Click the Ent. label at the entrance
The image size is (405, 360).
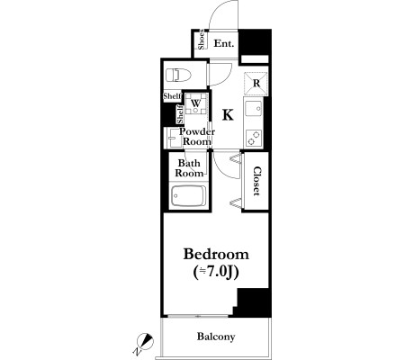224,44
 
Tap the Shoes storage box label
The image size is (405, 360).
202,40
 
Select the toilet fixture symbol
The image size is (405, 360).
178,75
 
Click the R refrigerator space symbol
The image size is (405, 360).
256,84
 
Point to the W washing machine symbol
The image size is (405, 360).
196,103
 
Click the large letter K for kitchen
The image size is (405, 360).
228,114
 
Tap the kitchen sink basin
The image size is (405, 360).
254,109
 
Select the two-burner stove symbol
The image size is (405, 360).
254,138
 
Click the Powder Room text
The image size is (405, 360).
197,137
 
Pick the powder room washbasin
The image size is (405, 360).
173,138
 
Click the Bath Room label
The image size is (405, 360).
189,168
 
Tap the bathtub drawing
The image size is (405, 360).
188,196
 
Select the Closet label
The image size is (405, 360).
256,181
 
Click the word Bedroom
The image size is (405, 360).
216,255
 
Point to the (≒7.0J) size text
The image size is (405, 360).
216,273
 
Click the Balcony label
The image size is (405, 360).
216,337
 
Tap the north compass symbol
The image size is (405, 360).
144,343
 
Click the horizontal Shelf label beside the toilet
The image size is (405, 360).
173,96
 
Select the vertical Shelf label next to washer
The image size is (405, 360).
180,114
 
